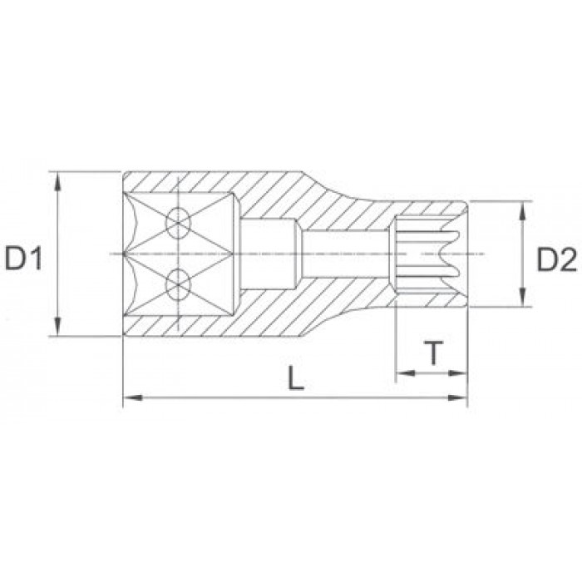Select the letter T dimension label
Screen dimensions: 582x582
click(433, 353)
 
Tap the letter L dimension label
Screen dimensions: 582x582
click(296, 377)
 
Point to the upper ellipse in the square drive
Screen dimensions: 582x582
click(178, 223)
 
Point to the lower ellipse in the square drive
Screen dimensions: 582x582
click(178, 285)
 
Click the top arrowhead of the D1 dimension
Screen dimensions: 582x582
click(57, 181)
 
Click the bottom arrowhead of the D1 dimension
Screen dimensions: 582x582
click(57, 327)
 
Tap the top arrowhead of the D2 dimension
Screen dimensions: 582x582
click(522, 210)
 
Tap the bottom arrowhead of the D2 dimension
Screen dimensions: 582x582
click(522, 298)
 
